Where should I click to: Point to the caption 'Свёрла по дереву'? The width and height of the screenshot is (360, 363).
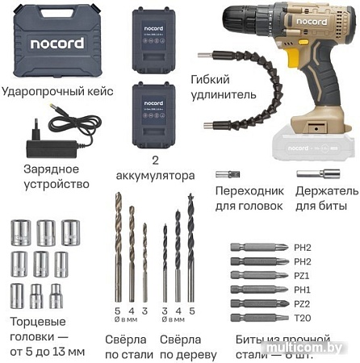click(187, 347)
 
